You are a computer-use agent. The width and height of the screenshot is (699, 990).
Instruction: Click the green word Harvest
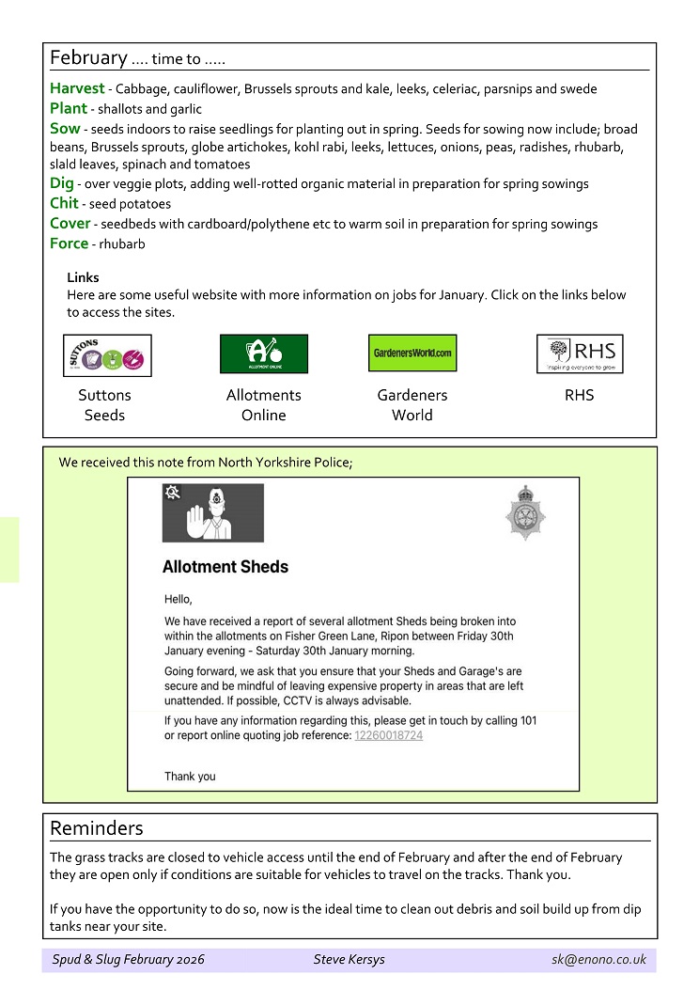tap(77, 88)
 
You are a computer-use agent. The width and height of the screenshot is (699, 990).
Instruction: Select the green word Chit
tap(64, 203)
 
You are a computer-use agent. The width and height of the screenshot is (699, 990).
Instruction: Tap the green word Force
tap(69, 244)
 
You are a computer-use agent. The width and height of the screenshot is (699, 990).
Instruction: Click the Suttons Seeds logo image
tap(107, 355)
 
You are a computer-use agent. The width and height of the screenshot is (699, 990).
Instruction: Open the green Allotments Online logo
tap(263, 354)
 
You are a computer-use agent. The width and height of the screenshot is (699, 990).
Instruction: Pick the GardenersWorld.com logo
tap(412, 354)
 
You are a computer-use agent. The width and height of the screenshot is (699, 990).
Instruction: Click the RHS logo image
tap(580, 354)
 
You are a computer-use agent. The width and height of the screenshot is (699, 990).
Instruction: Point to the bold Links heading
tap(83, 277)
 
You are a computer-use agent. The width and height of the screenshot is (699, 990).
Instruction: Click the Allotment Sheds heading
tap(225, 567)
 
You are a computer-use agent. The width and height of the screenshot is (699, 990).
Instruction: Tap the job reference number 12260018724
tap(388, 735)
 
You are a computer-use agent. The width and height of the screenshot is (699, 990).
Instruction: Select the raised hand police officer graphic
tap(213, 513)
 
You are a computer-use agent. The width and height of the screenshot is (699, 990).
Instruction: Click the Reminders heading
tap(97, 828)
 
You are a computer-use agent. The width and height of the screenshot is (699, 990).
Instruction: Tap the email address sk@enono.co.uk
tap(598, 960)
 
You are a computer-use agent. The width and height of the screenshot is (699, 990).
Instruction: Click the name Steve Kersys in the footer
tap(349, 960)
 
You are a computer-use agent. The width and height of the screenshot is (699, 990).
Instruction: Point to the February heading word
tap(88, 57)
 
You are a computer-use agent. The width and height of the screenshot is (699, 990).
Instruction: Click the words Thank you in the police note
tap(190, 777)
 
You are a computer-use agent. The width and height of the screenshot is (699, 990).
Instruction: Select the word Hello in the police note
tap(178, 598)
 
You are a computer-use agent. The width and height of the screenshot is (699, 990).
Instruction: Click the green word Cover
tap(70, 224)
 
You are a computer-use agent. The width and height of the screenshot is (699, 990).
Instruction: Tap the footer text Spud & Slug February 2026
tap(128, 960)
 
